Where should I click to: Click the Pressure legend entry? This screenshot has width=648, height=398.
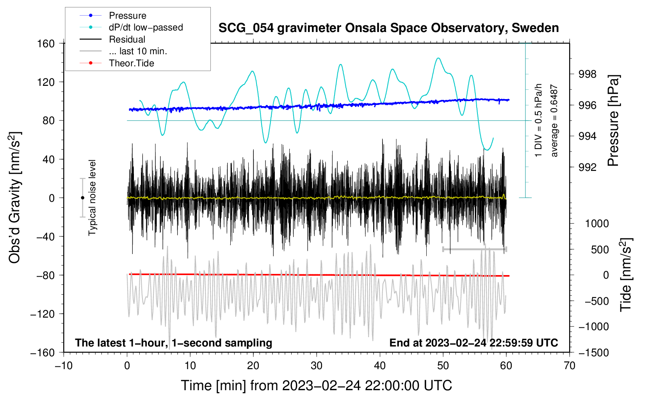click(113, 15)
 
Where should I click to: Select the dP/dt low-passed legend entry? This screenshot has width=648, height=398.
click(131, 27)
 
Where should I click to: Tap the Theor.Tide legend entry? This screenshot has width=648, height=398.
click(117, 63)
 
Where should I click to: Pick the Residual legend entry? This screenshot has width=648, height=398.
click(112, 39)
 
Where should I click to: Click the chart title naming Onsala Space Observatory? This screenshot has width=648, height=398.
click(388, 28)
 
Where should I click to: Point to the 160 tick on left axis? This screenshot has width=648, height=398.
click(46, 44)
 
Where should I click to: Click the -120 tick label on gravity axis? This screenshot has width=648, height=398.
click(43, 314)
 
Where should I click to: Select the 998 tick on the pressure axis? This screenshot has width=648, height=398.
click(587, 75)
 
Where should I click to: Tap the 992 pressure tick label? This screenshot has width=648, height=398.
click(587, 167)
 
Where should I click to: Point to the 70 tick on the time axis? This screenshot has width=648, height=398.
click(569, 366)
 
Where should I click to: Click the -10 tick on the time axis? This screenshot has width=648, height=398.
click(64, 366)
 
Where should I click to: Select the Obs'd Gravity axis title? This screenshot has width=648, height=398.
click(14, 197)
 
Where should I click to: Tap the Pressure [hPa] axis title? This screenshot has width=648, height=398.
click(613, 121)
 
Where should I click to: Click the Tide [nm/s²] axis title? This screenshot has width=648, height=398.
click(626, 275)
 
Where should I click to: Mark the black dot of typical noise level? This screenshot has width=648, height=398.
click(82, 198)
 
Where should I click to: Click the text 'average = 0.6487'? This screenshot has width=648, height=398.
click(554, 121)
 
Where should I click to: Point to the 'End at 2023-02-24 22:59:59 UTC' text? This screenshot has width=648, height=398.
click(474, 343)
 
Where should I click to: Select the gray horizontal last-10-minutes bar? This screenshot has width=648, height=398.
click(475, 249)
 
